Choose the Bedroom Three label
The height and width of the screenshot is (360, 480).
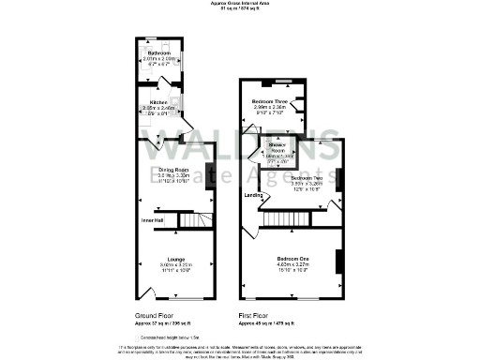269,100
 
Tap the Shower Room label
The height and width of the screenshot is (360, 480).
277,150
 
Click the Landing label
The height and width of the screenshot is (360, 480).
254,195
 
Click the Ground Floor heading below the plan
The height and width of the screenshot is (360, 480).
150,317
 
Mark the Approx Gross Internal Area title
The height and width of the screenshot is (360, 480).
239,4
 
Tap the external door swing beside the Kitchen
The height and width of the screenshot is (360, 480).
186,127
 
